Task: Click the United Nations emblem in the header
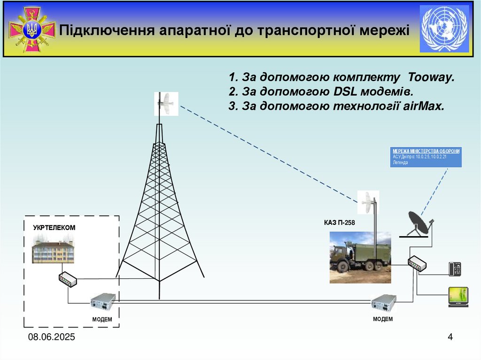(444, 29)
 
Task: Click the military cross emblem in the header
(32, 30)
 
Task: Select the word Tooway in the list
(432, 77)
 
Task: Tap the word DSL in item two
(347, 92)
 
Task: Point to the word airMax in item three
(423, 106)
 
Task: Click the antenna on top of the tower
(166, 104)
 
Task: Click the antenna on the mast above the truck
(368, 202)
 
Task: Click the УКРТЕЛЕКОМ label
(54, 228)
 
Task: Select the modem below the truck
(383, 303)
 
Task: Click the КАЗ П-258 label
(339, 223)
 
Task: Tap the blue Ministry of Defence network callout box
(426, 157)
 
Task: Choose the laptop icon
(458, 297)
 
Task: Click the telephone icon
(455, 269)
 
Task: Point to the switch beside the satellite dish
(417, 264)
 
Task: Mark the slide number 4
(450, 337)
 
